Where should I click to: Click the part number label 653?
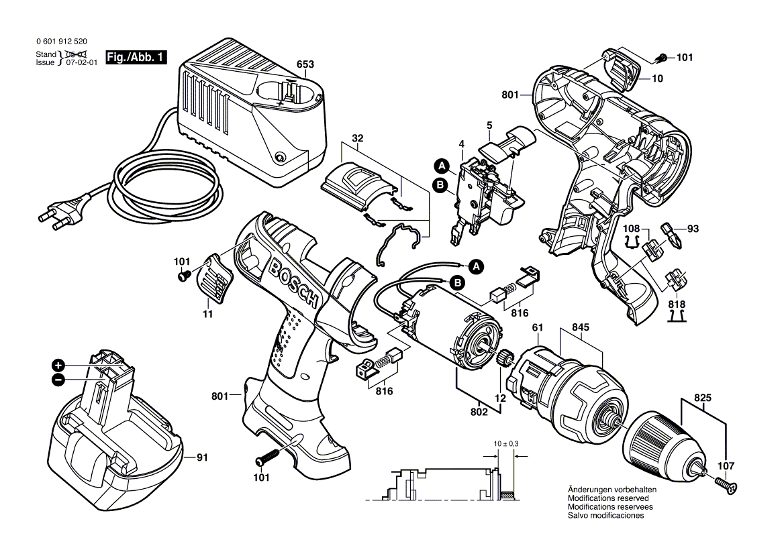(x=305, y=65)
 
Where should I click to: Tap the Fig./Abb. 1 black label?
(x=136, y=58)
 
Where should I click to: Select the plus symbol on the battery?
(x=59, y=366)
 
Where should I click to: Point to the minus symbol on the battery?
(x=59, y=380)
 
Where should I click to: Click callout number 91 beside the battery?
(x=201, y=458)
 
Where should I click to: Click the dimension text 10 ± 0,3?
(x=504, y=445)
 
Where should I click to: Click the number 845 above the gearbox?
(x=581, y=328)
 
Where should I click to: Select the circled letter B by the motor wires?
(x=458, y=284)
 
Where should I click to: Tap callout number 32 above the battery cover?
(x=357, y=140)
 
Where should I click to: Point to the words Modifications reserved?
(x=607, y=498)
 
